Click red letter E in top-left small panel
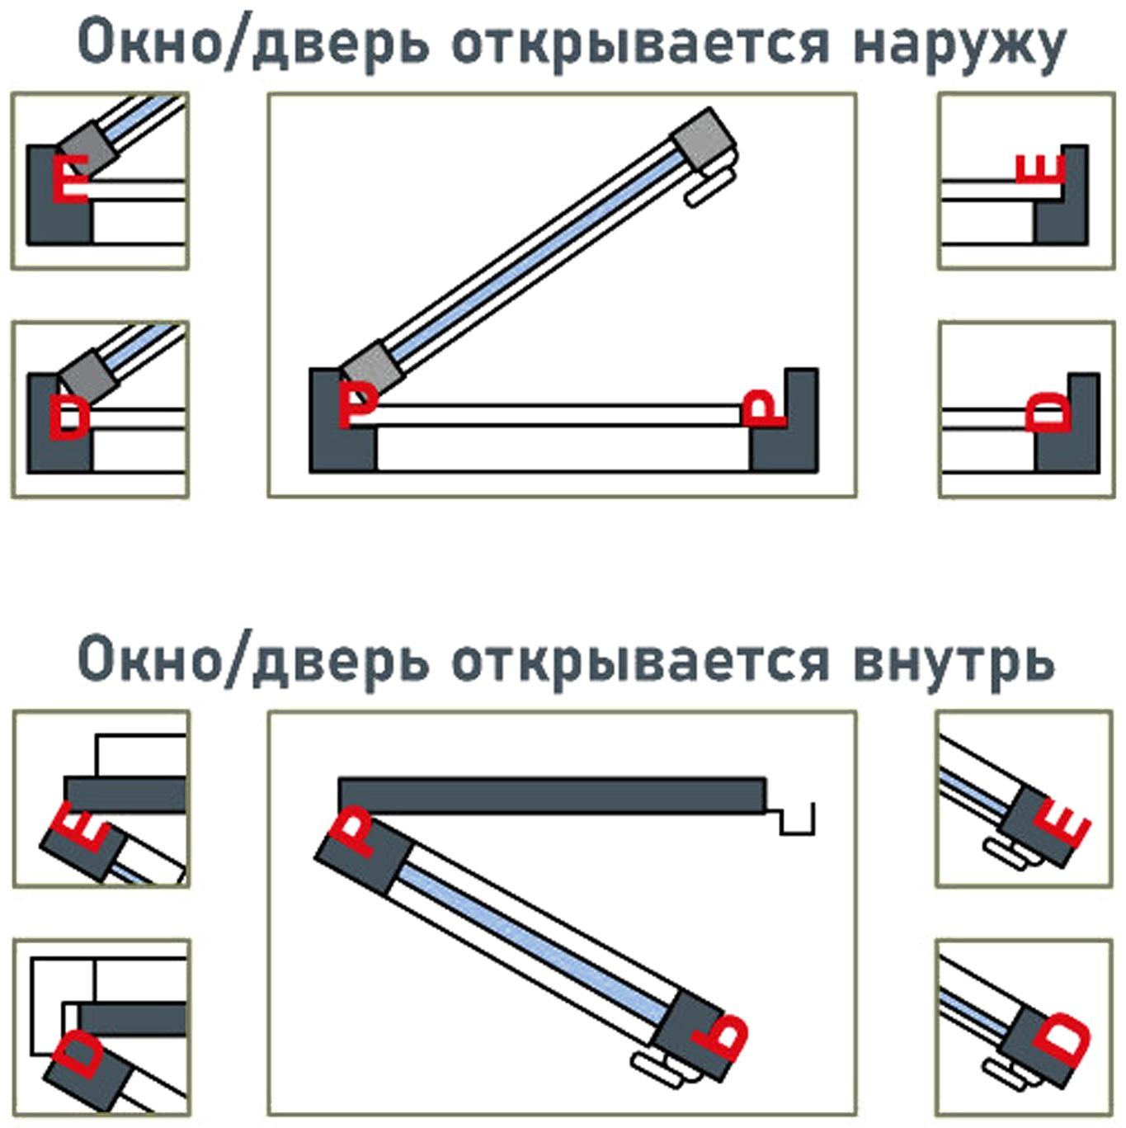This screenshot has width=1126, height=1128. pyautogui.click(x=69, y=177)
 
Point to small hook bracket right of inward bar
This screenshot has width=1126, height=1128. pyautogui.click(x=797, y=822)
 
